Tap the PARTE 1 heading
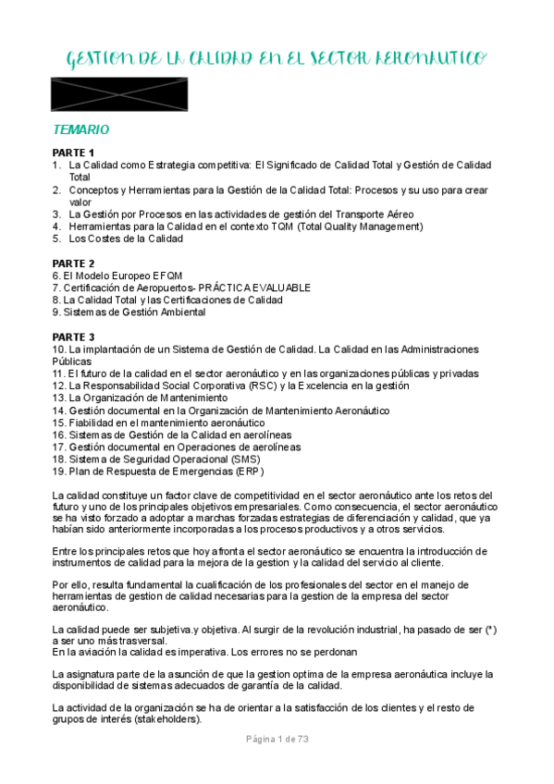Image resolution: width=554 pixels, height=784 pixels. tap(73, 153)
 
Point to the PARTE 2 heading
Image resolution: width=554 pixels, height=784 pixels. tap(73, 263)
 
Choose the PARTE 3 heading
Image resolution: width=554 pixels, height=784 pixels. tap(73, 337)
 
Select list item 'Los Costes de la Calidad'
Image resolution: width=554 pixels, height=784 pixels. tap(126, 238)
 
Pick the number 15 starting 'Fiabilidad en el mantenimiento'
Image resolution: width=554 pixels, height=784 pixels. tap(58, 422)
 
